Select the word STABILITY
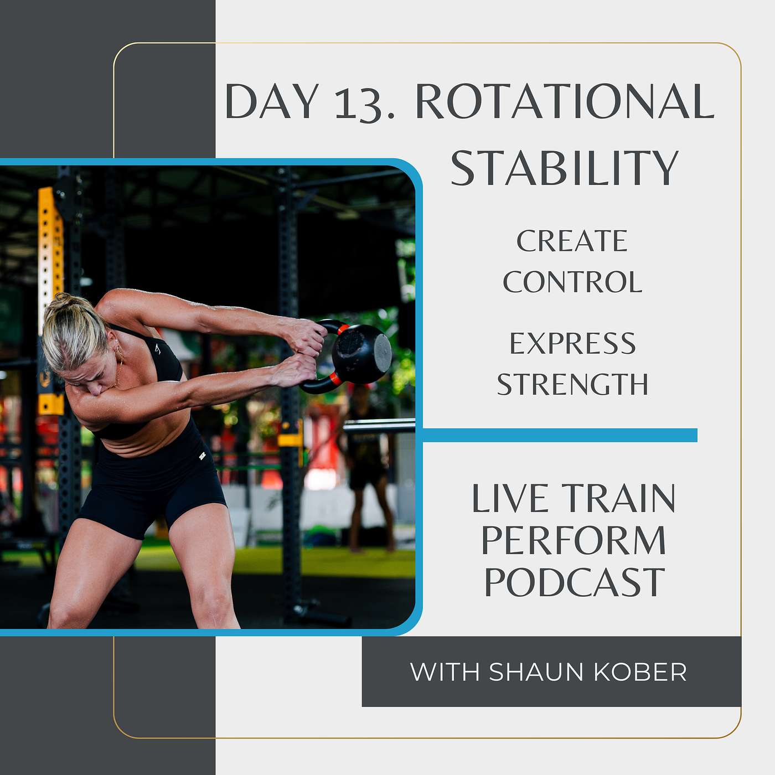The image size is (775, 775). pos(565,168)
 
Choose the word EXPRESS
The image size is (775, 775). pos(573,343)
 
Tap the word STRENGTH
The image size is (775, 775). pos(572,384)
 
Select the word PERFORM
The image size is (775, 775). pos(573,540)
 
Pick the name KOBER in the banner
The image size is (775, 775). pos(640,671)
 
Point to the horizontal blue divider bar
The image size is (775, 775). pos(560,435)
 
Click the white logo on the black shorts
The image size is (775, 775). pos(202,457)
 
